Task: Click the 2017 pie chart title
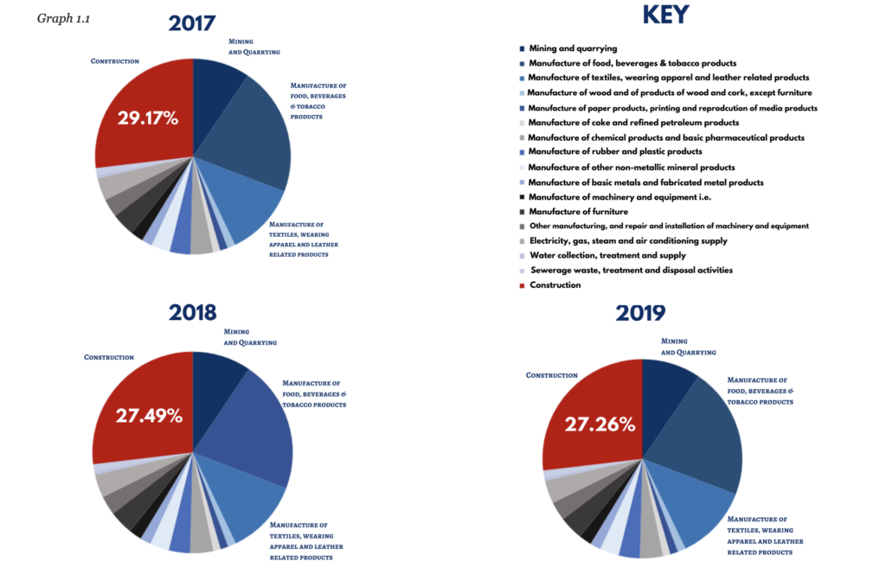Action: click(191, 23)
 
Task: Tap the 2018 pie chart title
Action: click(192, 313)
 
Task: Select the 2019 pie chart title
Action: click(640, 313)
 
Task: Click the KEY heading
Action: click(665, 15)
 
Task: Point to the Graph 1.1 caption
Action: click(63, 19)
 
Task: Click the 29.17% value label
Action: click(148, 118)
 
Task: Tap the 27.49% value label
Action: click(149, 416)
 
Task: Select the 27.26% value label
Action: click(600, 424)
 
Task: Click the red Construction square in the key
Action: click(522, 285)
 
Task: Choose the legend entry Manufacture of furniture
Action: click(574, 212)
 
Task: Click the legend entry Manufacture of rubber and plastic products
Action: click(611, 152)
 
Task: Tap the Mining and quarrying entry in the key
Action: click(568, 48)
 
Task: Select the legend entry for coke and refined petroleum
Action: click(629, 123)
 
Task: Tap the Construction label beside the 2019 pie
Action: click(551, 375)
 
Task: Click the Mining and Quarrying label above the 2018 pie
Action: click(250, 337)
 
